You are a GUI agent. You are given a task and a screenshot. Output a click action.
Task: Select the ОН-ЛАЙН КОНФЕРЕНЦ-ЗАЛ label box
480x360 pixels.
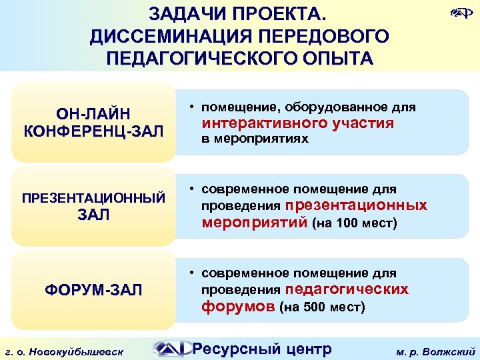pyautogui.click(x=93, y=121)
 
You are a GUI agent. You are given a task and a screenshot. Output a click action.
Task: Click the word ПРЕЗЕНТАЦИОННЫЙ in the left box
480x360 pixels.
pyautogui.click(x=93, y=197)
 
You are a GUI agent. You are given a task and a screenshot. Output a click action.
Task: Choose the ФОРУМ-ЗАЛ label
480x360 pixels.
pyautogui.click(x=93, y=290)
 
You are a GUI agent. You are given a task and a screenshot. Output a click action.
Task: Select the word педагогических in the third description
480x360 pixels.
pyautogui.click(x=347, y=289)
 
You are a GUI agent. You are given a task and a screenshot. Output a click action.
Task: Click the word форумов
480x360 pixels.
pyautogui.click(x=239, y=307)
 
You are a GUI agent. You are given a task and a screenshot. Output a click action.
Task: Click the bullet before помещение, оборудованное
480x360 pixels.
pyautogui.click(x=191, y=107)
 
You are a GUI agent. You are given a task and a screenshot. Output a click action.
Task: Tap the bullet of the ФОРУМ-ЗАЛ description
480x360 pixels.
pyautogui.click(x=191, y=273)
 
